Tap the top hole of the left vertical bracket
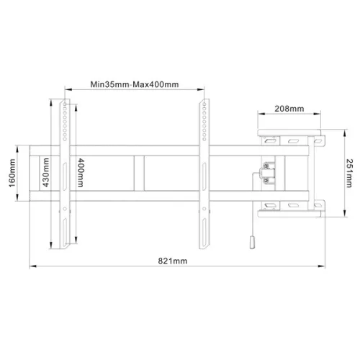[x=66, y=102]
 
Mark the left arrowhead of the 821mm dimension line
[x=31, y=265]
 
